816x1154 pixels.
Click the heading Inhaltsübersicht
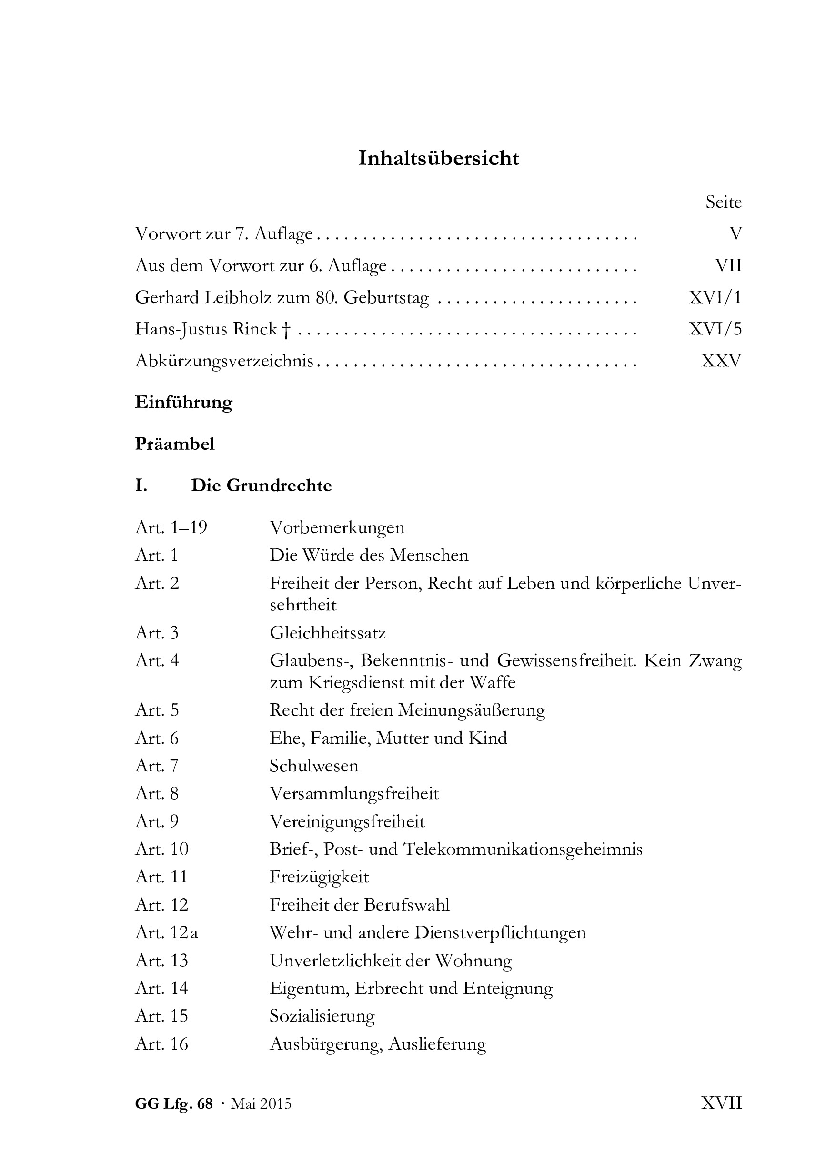click(438, 158)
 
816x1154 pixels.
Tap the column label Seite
click(723, 202)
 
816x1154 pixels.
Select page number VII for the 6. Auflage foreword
click(728, 265)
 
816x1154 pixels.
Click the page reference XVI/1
click(715, 297)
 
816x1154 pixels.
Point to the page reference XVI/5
click(715, 329)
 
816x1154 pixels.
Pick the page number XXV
click(721, 361)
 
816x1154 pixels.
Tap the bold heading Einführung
click(184, 403)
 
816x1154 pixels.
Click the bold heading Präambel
click(175, 444)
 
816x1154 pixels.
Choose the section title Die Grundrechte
click(261, 486)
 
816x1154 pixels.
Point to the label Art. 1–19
click(171, 527)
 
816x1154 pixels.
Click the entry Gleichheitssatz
click(328, 632)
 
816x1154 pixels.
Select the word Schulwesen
click(314, 766)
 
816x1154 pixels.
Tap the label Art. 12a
click(166, 932)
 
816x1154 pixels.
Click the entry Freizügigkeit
click(319, 877)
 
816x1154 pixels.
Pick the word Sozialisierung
click(322, 1016)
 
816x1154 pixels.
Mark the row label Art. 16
click(161, 1044)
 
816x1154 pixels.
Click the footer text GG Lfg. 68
click(174, 1104)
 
